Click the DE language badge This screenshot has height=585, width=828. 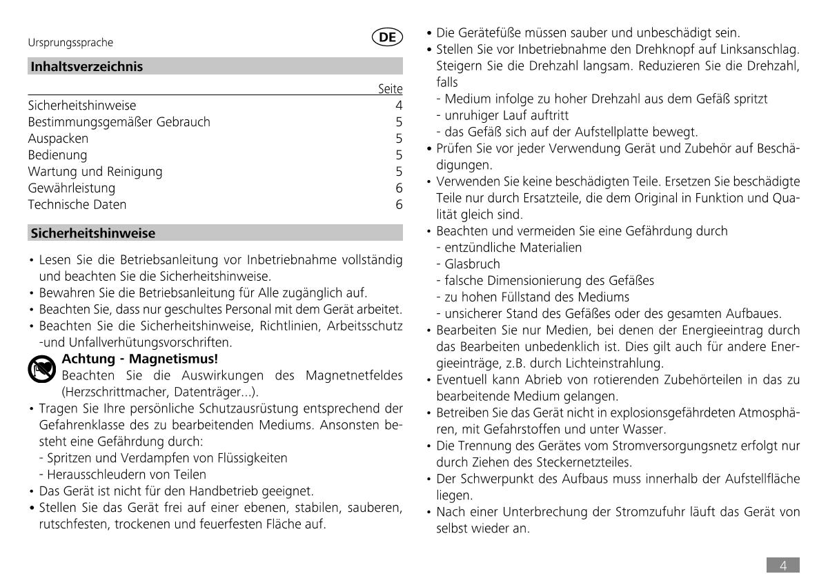coord(387,38)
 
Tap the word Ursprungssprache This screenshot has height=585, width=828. coord(70,43)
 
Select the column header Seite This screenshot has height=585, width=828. coord(391,89)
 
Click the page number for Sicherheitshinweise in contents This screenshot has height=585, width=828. coord(399,106)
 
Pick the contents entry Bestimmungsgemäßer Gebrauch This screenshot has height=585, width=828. coord(119,122)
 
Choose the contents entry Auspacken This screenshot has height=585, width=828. coord(58,139)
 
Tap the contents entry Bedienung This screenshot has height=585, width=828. coord(57,155)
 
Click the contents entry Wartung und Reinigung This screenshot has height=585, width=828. coord(95,172)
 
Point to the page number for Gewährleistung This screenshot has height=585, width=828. coord(399,188)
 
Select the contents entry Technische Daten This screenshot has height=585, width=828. coord(77,205)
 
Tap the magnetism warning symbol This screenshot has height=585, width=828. coord(42,368)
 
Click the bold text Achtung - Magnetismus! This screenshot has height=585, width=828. coord(139,359)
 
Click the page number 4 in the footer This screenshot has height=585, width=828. coord(783,566)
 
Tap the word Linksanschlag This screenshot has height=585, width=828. coord(758,50)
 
